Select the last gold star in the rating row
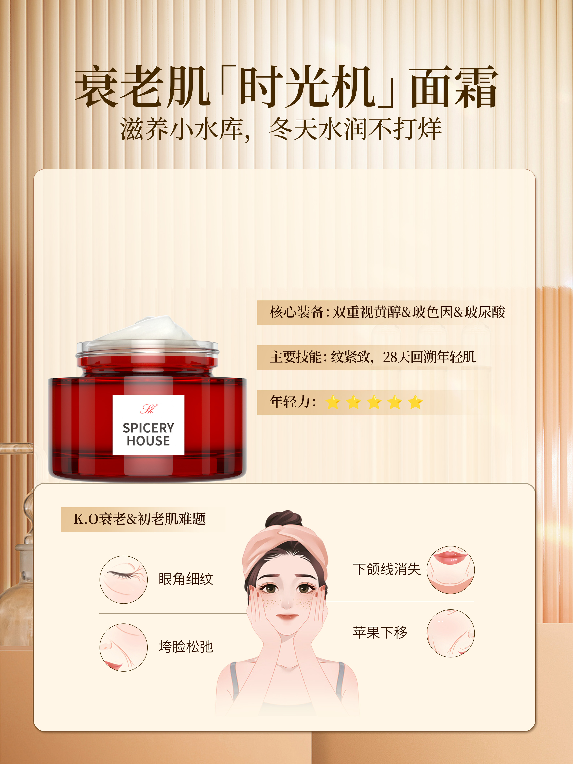(x=415, y=402)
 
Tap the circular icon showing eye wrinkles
(x=123, y=579)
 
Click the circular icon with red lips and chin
(x=450, y=570)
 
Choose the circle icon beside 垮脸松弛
(x=123, y=647)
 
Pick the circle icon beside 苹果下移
(x=450, y=633)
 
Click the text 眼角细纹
(x=186, y=579)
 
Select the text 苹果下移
(x=380, y=632)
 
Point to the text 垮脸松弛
(x=186, y=647)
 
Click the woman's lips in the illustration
(x=287, y=617)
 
